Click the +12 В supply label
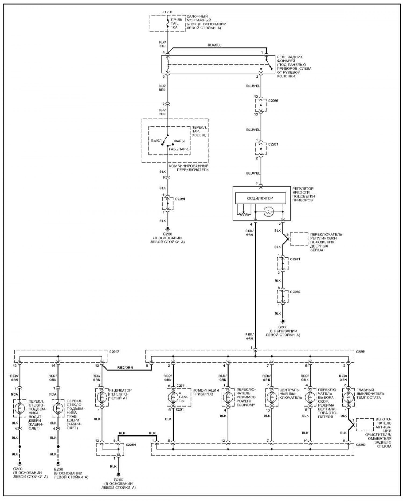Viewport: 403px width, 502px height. pyautogui.click(x=167, y=12)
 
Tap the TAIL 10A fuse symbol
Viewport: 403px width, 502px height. pyautogui.click(x=168, y=24)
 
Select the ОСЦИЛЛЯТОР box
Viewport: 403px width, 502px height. pyautogui.click(x=260, y=198)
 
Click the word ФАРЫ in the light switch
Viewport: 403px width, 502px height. pyautogui.click(x=179, y=141)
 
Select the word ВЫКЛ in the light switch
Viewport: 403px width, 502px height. pyautogui.click(x=156, y=141)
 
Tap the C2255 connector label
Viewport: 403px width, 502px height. pyautogui.click(x=273, y=101)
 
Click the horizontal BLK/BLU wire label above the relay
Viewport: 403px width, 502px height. pyautogui.click(x=215, y=45)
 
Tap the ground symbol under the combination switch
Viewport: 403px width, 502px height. pyautogui.click(x=168, y=228)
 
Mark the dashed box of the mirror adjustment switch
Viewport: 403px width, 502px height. pyautogui.click(x=299, y=239)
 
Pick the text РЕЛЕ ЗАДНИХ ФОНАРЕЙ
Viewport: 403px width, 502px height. pyautogui.click(x=290, y=59)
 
